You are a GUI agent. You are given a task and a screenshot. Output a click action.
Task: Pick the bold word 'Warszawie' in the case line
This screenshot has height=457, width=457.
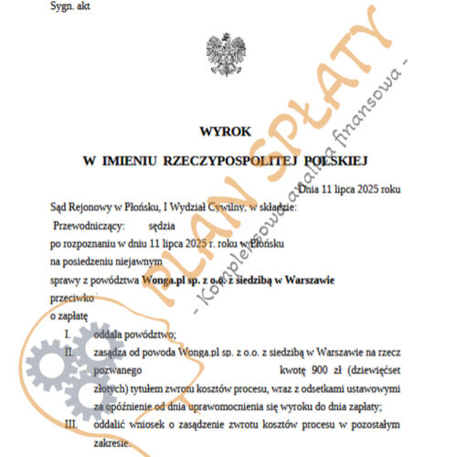302,281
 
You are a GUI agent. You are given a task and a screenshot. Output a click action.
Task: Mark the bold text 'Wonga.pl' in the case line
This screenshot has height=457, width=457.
165,281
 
